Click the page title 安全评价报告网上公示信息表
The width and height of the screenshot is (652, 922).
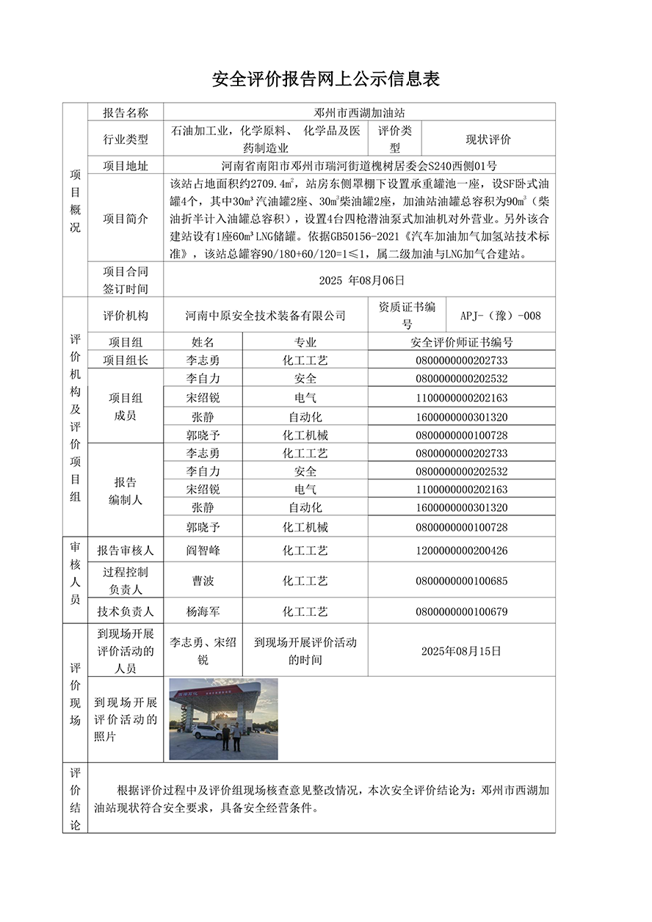325,79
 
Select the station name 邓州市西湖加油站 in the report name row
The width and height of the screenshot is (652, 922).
358,112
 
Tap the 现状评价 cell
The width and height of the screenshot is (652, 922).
488,139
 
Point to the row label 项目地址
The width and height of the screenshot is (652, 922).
126,166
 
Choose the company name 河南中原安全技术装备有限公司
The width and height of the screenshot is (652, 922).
265,315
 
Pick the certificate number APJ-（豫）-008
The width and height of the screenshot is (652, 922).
500,316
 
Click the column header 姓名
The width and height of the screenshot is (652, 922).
203,342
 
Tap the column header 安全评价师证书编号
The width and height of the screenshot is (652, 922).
461,342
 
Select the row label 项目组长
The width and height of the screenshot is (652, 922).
126,360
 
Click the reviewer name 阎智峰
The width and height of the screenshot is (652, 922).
203,550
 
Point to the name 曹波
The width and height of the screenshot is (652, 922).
203,581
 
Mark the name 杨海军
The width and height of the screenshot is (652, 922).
203,611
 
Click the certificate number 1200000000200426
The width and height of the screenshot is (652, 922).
461,551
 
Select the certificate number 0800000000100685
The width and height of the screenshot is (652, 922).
461,581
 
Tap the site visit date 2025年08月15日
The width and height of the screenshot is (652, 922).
461,650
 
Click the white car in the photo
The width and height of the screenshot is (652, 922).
209,731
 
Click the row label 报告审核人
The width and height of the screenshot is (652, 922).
126,550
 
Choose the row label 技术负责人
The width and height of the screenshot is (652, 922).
126,611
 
